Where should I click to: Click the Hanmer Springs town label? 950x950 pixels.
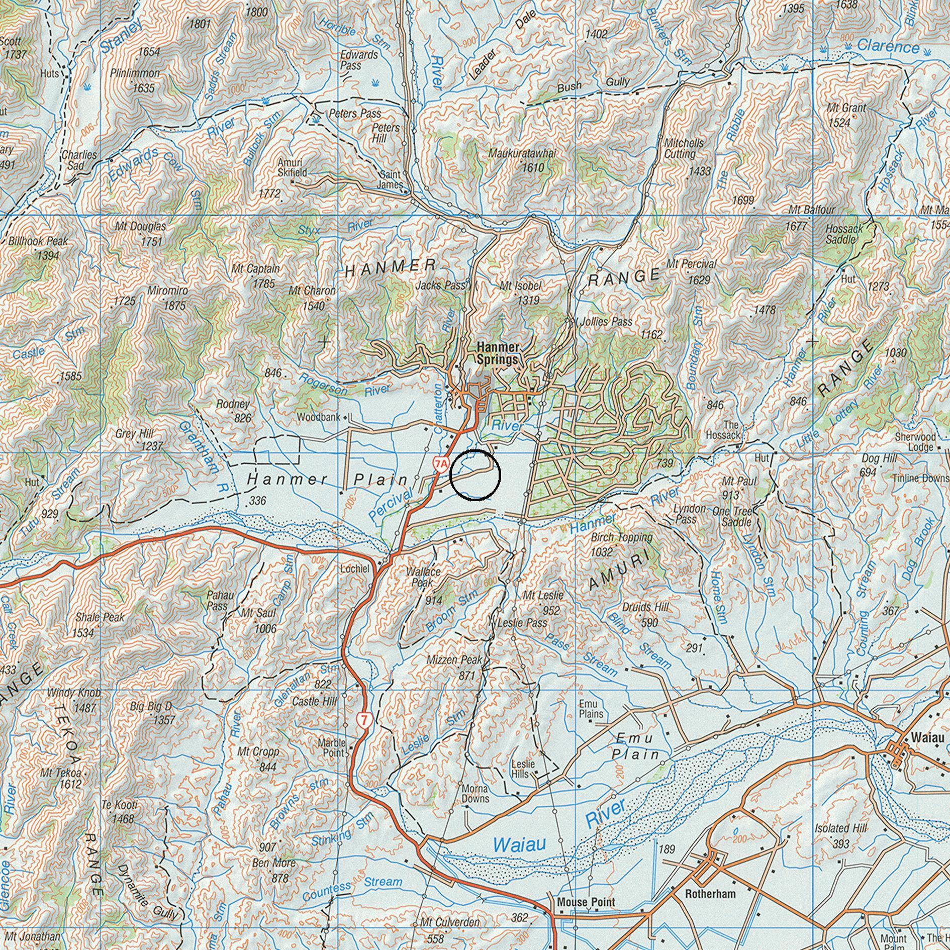pyautogui.click(x=497, y=353)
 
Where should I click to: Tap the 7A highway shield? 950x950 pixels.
pyautogui.click(x=440, y=463)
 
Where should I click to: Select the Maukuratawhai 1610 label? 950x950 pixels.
pyautogui.click(x=523, y=160)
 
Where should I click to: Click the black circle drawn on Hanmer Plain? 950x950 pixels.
pyautogui.click(x=476, y=475)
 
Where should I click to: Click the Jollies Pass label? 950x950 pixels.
pyautogui.click(x=606, y=321)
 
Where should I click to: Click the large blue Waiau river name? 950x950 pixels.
pyautogui.click(x=519, y=844)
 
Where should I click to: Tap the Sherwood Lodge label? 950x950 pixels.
pyautogui.click(x=915, y=442)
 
